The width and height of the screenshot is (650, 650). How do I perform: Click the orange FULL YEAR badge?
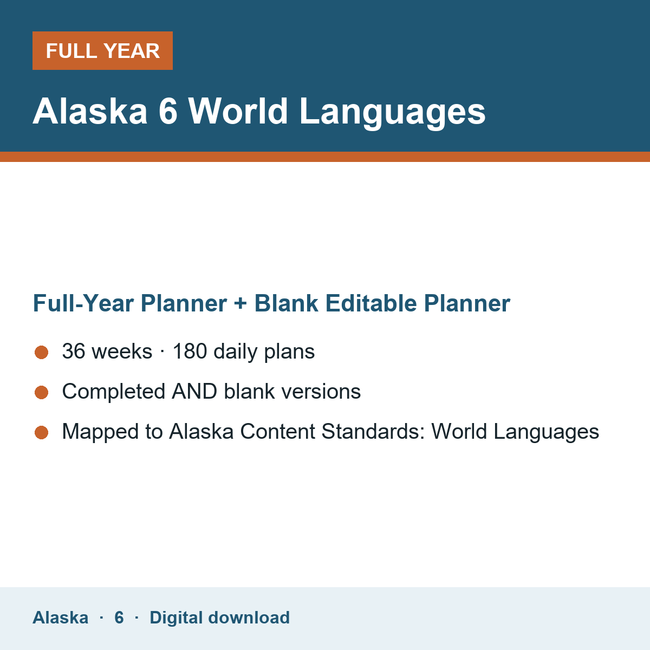point(102,50)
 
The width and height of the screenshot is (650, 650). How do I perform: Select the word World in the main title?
point(238,111)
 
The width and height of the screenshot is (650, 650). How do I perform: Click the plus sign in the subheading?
point(240,303)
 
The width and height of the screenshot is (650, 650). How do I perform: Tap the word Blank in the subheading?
point(286,303)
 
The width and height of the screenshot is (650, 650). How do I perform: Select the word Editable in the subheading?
point(370,303)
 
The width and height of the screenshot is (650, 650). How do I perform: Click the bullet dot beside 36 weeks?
point(42,352)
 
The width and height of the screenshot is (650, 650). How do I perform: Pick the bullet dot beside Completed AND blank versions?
point(42,392)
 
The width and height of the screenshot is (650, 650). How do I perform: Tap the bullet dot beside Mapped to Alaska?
point(42,432)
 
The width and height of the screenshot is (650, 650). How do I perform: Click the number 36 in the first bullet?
point(74,351)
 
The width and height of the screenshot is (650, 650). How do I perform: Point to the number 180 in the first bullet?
point(190,351)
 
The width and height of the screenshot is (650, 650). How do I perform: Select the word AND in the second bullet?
point(194,391)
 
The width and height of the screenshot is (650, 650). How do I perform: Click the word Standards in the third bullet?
point(373,431)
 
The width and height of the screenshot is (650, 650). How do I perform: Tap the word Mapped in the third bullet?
point(100,432)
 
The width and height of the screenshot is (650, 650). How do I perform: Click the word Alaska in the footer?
point(60,617)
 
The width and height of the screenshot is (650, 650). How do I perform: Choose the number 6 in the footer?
point(119,617)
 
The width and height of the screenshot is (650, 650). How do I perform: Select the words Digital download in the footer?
point(219,618)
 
